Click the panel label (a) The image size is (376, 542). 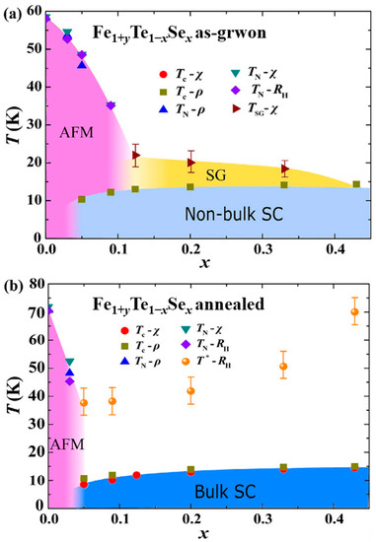[x=15, y=11]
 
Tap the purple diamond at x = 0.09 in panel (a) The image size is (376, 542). [x=111, y=105]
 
